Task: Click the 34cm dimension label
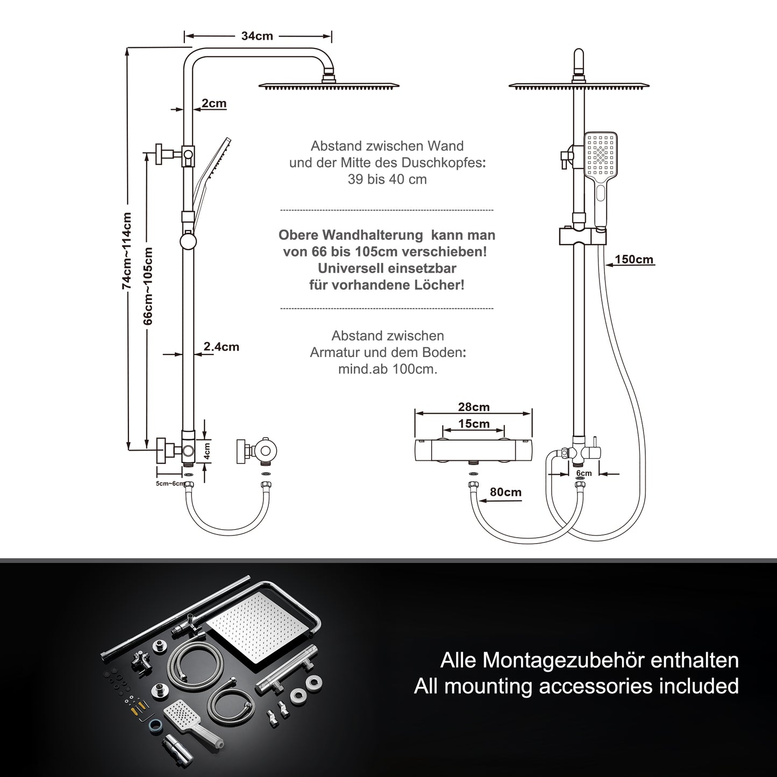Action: pos(257,36)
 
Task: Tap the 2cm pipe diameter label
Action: pos(213,103)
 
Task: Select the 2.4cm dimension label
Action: pos(221,346)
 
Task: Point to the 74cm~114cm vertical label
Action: pos(126,251)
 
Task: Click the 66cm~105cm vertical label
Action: pos(148,286)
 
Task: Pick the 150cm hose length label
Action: pos(635,259)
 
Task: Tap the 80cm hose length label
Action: pos(505,492)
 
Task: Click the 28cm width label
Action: pos(474,407)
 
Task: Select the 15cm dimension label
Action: pos(474,424)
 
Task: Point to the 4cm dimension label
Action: pos(206,451)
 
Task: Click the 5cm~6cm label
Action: pos(170,483)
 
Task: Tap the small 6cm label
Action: pos(584,473)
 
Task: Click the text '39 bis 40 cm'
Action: pos(387,179)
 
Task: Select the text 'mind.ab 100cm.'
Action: pos(388,369)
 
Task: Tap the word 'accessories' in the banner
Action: pos(596,686)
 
